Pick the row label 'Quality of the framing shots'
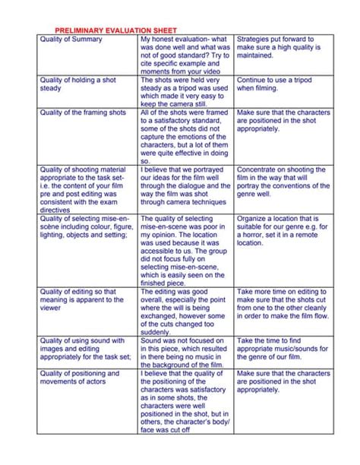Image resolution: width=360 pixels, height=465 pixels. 83,113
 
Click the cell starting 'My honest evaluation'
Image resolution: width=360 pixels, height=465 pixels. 185,53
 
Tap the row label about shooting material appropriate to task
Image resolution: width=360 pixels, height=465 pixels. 84,189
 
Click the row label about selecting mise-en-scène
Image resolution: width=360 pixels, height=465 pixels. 84,229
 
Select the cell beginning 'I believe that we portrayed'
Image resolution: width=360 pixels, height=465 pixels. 185,189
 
